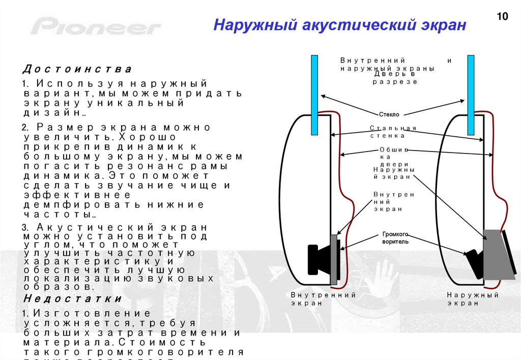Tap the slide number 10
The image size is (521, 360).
click(502, 17)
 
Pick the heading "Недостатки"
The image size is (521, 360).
click(73, 298)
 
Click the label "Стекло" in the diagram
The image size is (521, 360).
click(389, 114)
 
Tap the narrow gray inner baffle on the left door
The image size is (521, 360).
click(334, 259)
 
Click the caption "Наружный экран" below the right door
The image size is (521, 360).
click(473, 299)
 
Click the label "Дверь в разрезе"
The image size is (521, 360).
click(395, 78)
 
